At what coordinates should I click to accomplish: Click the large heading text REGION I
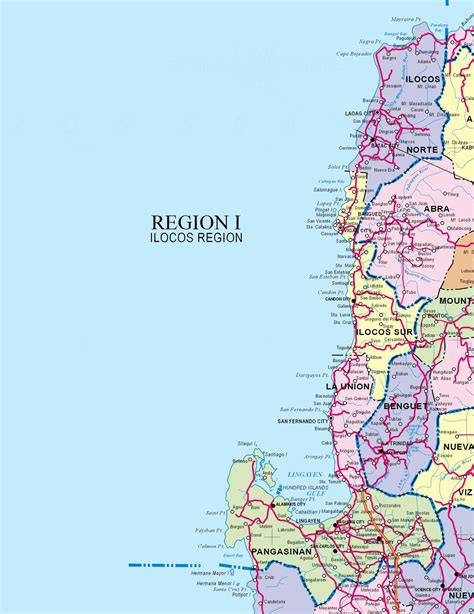click(x=196, y=221)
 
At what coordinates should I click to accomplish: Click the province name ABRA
click(x=438, y=209)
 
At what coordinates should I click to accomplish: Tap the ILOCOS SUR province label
click(x=385, y=330)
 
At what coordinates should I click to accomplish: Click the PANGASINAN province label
click(x=282, y=552)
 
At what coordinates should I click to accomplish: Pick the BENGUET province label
click(x=405, y=407)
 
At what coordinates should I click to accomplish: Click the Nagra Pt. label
click(x=370, y=42)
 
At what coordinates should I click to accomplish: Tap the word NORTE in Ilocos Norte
click(x=421, y=149)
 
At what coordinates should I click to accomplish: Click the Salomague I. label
click(x=326, y=189)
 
